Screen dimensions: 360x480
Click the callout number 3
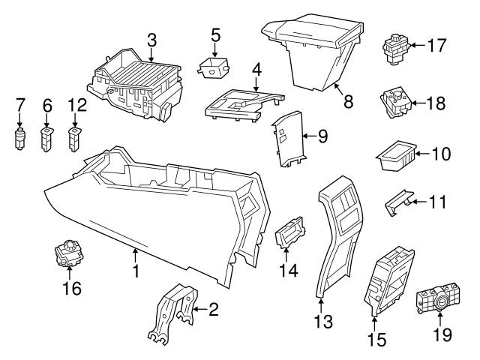point(151,37)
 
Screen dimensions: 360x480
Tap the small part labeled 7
point(21,139)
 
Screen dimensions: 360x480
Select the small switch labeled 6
point(46,138)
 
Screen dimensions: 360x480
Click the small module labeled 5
point(214,67)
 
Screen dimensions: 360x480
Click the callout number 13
point(322,323)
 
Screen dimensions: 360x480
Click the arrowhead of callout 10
point(415,155)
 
